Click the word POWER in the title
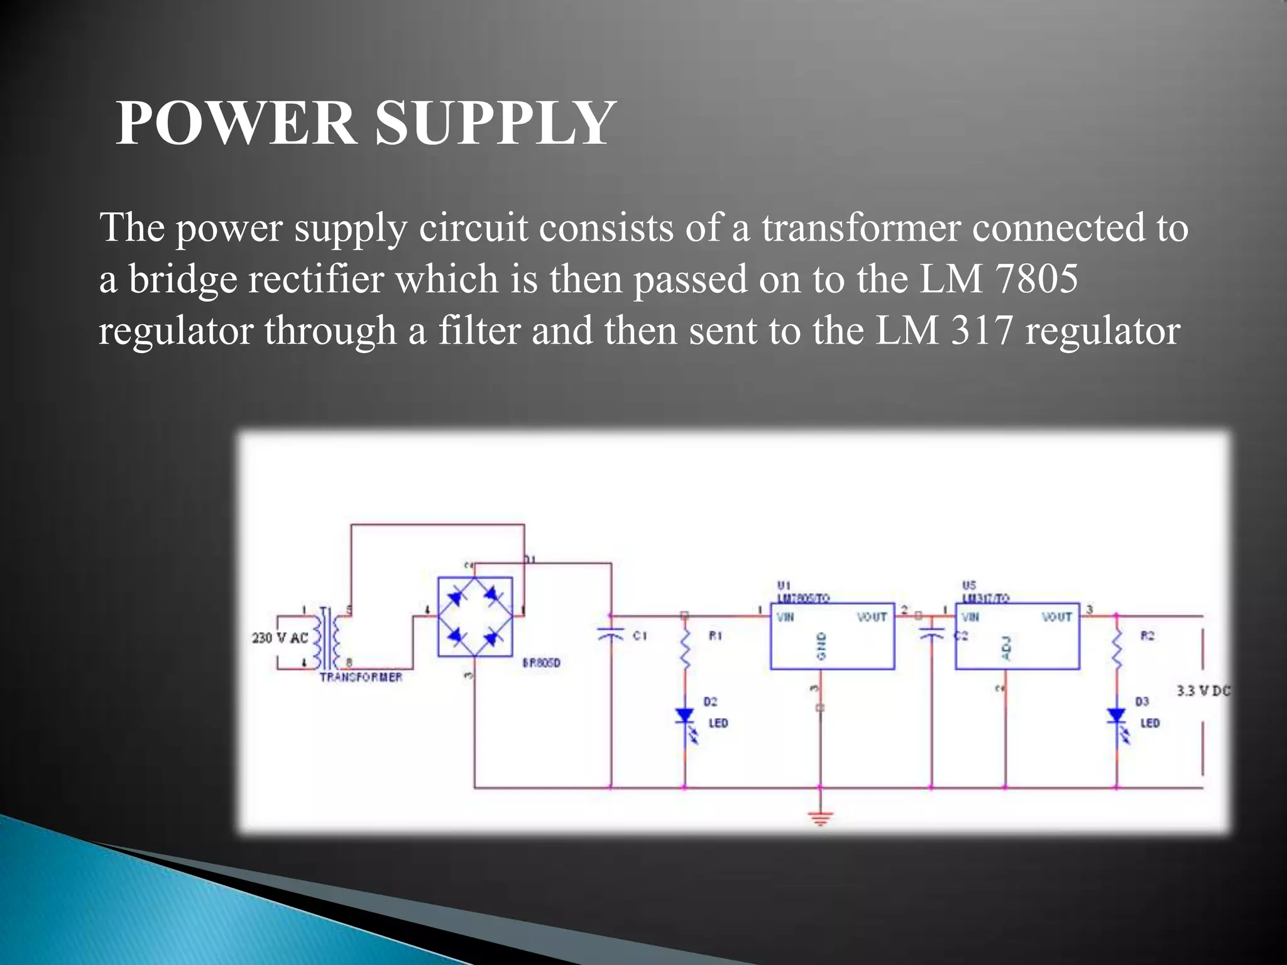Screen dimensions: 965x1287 click(235, 123)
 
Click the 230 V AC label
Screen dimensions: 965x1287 click(280, 638)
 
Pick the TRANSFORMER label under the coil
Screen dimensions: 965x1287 click(361, 677)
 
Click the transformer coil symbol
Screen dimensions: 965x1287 click(326, 638)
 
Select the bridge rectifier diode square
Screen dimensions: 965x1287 click(475, 617)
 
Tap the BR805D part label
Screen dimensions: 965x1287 click(541, 663)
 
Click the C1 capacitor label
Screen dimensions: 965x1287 click(640, 636)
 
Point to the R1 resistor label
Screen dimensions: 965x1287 click(715, 636)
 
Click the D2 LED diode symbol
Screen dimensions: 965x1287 click(684, 716)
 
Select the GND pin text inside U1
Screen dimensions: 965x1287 click(821, 646)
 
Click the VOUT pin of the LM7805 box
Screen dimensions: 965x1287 click(872, 617)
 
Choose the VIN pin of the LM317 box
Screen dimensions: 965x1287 click(970, 617)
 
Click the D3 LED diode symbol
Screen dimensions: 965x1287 click(1117, 716)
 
